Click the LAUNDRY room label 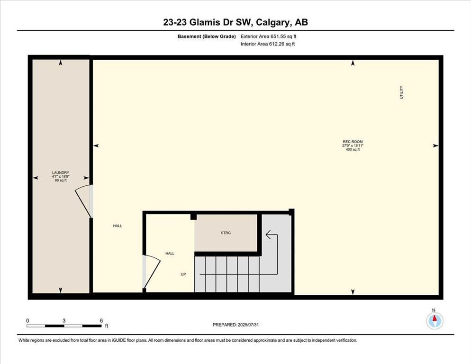point(61,173)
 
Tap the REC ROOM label point(353,142)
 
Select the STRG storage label point(226,233)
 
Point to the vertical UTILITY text point(401,92)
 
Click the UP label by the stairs point(183,274)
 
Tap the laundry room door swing point(82,201)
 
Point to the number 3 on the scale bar point(64,321)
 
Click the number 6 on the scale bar point(101,321)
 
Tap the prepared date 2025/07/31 point(248,325)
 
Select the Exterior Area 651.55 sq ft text point(269,36)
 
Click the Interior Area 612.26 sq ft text point(268,44)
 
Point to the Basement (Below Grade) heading point(207,36)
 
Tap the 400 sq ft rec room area point(353,149)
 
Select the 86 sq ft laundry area point(61,181)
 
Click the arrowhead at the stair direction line point(268,235)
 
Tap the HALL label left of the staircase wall point(118,226)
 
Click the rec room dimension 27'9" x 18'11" point(353,146)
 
